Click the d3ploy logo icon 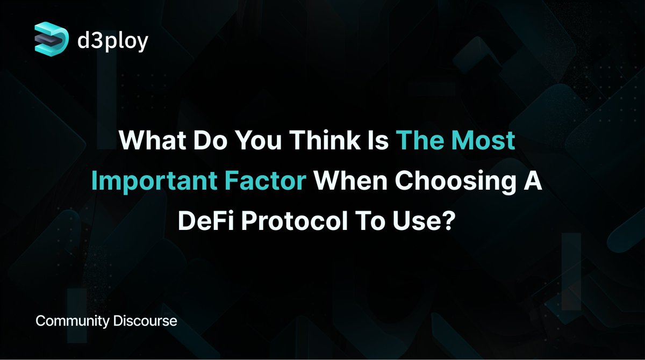(x=52, y=38)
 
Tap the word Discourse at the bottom (x=145, y=322)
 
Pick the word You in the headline (x=265, y=141)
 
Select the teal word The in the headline (x=417, y=141)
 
